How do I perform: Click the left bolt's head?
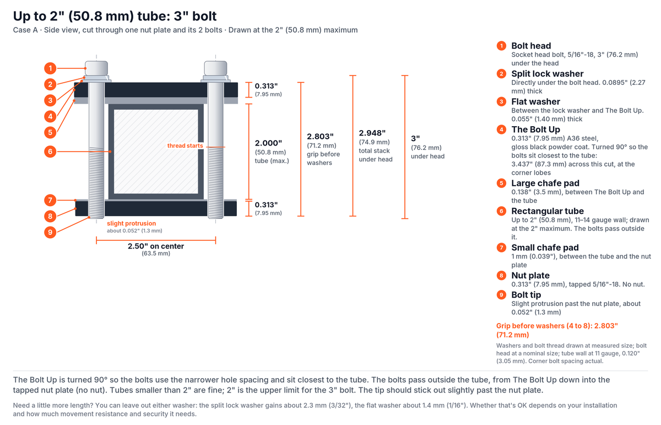[x=96, y=68]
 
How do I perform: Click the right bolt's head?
[x=215, y=68]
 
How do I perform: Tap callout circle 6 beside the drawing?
[x=50, y=152]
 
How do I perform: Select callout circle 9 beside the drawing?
[x=50, y=232]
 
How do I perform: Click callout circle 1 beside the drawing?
[x=50, y=68]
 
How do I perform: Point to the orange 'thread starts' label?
[x=185, y=146]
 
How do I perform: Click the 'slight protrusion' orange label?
[x=131, y=223]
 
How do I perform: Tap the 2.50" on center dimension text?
[x=156, y=246]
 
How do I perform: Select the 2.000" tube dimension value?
[x=268, y=143]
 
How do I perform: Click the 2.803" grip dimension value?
[x=320, y=137]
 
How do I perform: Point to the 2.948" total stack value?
[x=372, y=133]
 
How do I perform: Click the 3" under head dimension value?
[x=415, y=138]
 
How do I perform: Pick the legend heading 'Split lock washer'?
[x=548, y=73]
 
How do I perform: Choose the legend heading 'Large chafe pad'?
[x=545, y=183]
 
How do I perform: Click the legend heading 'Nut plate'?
[x=530, y=275]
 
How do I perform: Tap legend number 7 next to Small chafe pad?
[x=501, y=248]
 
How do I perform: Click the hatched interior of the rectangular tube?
[x=156, y=152]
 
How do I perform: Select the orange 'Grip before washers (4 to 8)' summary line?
[x=557, y=330]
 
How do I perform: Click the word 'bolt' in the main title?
[x=204, y=16]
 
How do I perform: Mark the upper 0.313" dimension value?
[x=266, y=86]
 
